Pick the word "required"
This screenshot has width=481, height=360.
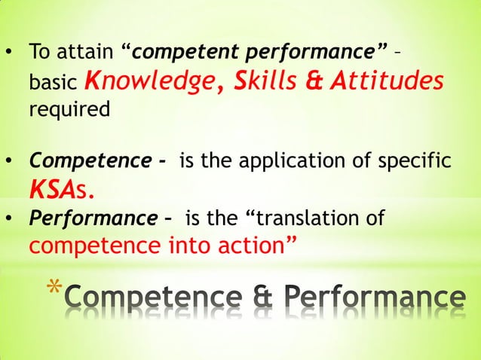[69, 108]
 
